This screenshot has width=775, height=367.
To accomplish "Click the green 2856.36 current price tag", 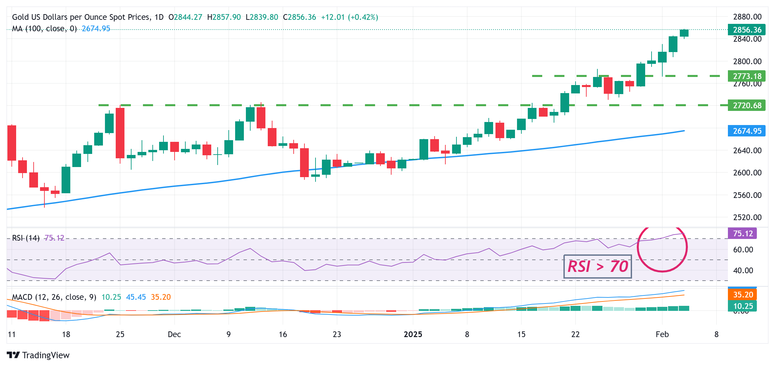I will (x=746, y=30).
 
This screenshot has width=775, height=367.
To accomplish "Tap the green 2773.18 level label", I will (x=746, y=76).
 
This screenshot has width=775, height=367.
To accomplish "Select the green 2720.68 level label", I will (x=746, y=106).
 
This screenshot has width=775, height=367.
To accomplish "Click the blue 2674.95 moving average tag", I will (x=746, y=131).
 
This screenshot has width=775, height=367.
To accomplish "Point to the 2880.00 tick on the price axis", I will (x=747, y=17).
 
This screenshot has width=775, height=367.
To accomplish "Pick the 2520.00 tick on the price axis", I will (x=747, y=217).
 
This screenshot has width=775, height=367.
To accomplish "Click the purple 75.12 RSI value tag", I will (x=742, y=234).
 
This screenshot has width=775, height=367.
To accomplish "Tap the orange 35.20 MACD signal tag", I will (x=742, y=295).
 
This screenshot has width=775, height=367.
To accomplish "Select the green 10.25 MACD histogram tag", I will (x=742, y=306).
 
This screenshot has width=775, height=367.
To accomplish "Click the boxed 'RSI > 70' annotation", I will (x=598, y=267).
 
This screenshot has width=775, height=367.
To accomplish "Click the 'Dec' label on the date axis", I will (x=174, y=334).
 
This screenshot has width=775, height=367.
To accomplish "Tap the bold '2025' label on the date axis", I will (x=413, y=334).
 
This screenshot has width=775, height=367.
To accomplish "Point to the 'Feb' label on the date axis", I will (x=662, y=334).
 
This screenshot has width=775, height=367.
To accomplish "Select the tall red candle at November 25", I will (x=120, y=133).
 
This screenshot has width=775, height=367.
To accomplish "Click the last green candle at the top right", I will (x=684, y=33).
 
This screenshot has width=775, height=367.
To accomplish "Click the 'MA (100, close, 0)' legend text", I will (x=44, y=29).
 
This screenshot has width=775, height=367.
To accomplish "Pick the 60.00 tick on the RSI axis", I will (x=743, y=250).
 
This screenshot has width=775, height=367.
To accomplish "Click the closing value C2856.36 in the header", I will (x=299, y=17).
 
